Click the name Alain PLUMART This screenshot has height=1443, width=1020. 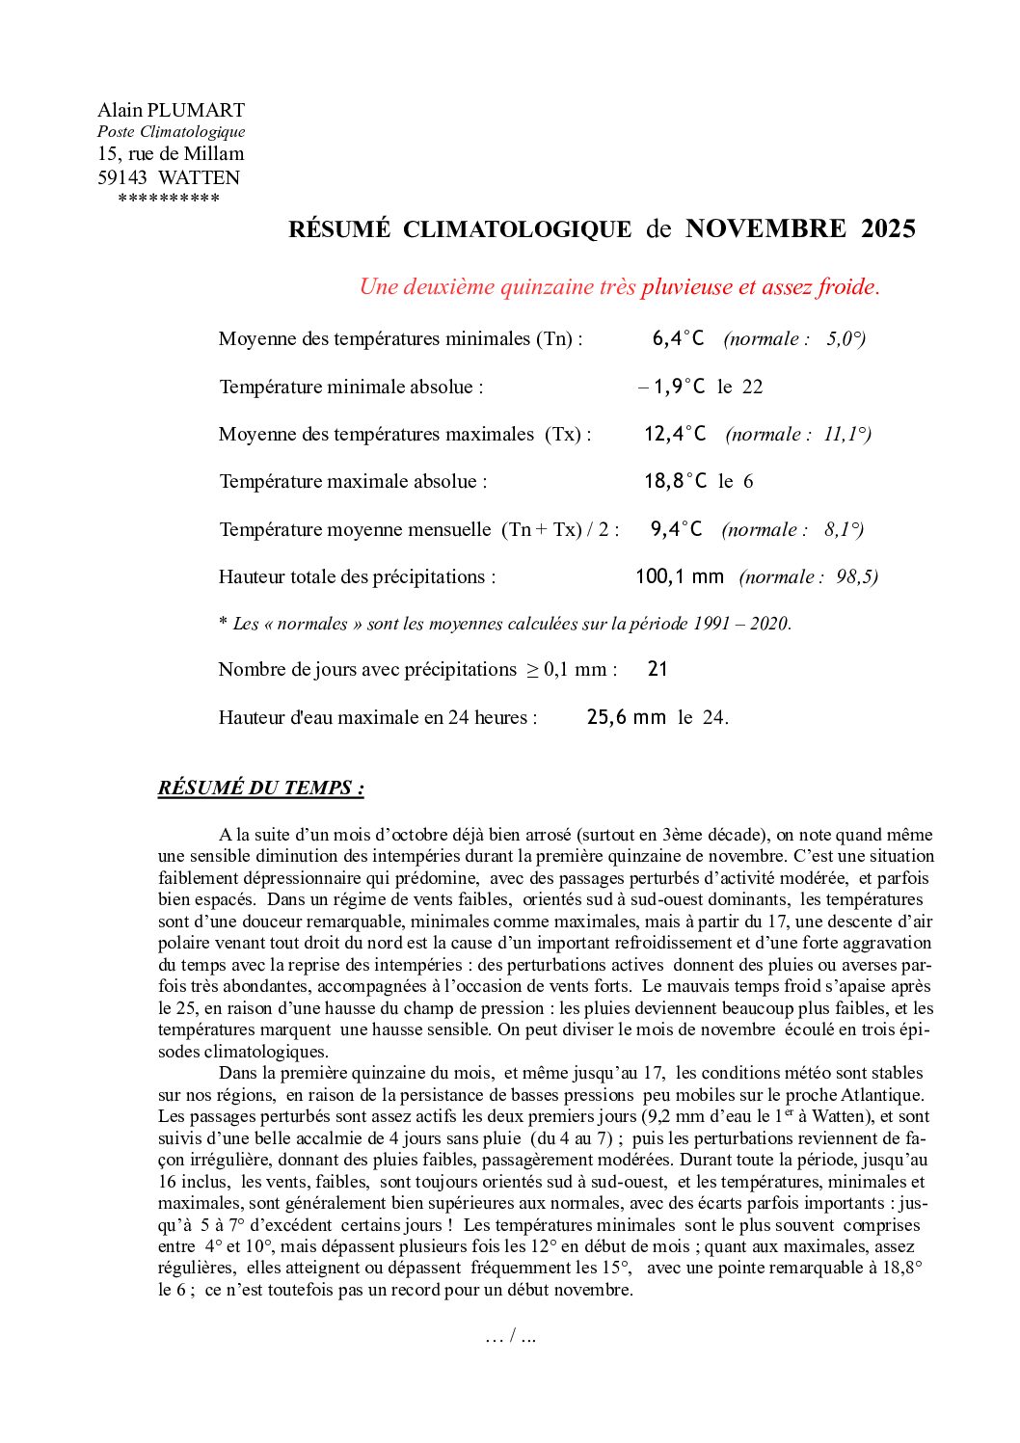171,110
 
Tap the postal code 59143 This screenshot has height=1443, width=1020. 122,177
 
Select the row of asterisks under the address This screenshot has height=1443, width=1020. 169,200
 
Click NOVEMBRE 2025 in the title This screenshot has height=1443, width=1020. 800,228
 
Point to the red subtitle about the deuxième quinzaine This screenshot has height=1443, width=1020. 619,286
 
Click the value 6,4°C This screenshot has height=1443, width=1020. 678,338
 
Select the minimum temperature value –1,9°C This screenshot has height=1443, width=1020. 672,387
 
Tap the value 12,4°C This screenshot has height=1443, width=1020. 675,434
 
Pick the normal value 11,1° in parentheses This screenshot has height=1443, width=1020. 846,434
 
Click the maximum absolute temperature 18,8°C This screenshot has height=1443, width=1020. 675,481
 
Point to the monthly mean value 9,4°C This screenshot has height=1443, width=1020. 676,529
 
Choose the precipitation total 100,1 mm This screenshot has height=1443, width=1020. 679,576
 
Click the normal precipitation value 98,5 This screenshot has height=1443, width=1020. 856,576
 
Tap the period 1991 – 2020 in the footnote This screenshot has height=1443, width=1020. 740,624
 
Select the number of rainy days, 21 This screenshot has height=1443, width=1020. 658,669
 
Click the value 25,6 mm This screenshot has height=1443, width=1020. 626,717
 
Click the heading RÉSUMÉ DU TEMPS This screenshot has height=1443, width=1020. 260,788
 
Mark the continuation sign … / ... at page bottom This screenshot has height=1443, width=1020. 511,1336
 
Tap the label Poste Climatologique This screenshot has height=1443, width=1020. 171,131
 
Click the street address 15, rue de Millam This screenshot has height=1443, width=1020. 171,153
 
